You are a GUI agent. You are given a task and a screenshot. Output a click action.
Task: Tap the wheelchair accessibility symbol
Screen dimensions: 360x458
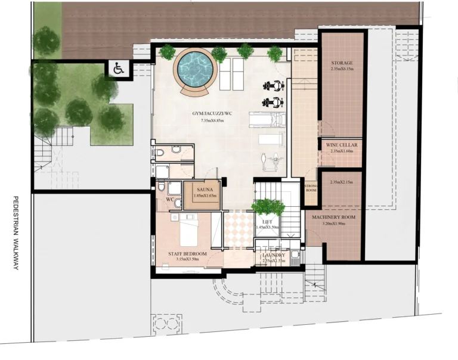[117, 69]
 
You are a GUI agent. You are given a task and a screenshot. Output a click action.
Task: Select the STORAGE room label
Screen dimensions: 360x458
[342, 63]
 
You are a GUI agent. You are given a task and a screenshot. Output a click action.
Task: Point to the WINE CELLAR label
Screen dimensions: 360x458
[342, 145]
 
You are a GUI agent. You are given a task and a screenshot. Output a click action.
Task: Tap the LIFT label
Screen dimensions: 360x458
[267, 221]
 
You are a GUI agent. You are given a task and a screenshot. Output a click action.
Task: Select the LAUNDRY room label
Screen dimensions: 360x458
[274, 255]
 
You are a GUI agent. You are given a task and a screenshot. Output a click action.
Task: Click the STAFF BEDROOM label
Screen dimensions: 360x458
[187, 254]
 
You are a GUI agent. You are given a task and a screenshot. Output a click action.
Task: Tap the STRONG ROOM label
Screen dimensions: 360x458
[311, 190]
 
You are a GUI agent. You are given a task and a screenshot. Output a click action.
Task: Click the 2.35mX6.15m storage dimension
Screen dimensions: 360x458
[342, 70]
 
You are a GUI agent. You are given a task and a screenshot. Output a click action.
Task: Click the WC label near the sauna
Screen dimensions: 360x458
[169, 199]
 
